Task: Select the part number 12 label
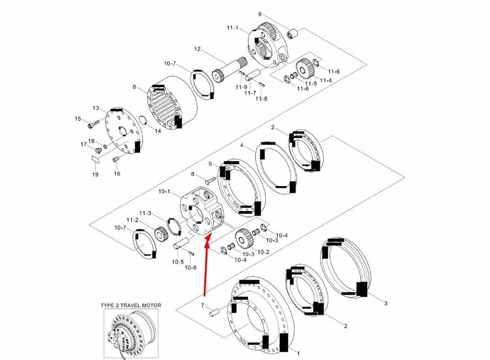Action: tap(197, 49)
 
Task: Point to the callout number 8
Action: tap(134, 87)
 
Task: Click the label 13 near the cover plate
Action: tap(96, 108)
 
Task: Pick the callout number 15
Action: tap(77, 119)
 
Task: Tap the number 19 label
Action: tap(95, 174)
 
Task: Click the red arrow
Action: tap(206, 264)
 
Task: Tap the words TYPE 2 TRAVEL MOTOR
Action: tap(131, 305)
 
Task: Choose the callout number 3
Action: tap(385, 304)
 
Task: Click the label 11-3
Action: tap(145, 213)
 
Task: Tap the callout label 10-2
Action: tap(263, 252)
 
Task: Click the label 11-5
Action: tap(311, 83)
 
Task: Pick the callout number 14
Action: tap(157, 131)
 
